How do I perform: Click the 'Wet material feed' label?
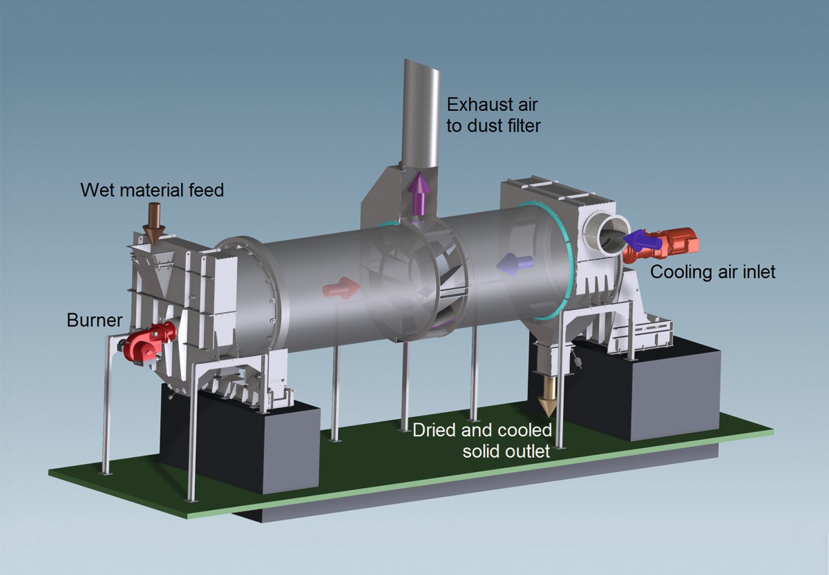(152, 189)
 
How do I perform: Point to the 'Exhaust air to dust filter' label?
(492, 115)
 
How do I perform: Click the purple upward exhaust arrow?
(419, 192)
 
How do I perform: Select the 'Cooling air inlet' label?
(713, 272)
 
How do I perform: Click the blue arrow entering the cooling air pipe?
(640, 240)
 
